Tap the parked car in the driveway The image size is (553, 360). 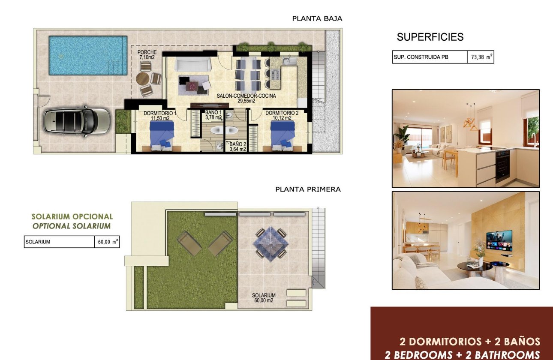pos(77,120)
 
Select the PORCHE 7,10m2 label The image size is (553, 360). pos(147,54)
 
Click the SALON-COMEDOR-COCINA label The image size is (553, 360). pos(246,99)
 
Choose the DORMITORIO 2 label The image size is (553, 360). pos(282,116)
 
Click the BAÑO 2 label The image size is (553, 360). pos(237,147)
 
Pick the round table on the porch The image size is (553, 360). pos(142,79)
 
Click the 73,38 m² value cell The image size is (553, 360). pos(481,57)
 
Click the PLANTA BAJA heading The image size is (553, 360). pos(317,18)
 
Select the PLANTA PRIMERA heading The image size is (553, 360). pos(308,189)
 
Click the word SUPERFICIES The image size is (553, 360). pos(430,37)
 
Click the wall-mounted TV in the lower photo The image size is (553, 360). pos(499,240)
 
